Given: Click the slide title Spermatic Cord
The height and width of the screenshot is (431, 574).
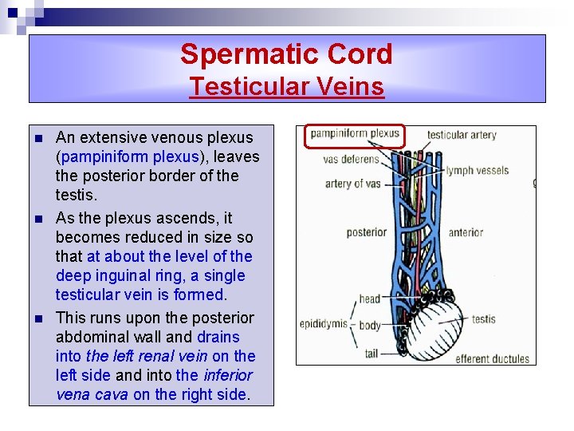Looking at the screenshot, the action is click(286, 54).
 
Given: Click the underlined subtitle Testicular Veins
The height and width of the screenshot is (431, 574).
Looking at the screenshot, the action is click(286, 86).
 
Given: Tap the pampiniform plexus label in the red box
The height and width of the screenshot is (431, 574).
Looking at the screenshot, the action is click(355, 134).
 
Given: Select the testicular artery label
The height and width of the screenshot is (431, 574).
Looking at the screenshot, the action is click(462, 135).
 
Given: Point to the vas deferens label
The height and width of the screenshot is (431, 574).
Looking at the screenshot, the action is click(352, 160).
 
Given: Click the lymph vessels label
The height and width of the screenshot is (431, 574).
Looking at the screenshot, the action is click(477, 170).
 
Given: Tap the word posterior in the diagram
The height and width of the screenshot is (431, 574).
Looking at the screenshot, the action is click(367, 233).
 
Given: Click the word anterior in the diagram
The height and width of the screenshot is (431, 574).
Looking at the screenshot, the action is click(466, 233).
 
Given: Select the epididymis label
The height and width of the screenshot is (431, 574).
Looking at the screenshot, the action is click(324, 323).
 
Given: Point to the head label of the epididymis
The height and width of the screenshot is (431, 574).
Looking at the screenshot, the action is click(369, 299).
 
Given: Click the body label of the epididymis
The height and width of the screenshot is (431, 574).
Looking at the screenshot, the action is click(369, 325).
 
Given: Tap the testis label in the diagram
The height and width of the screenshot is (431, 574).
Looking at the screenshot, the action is click(483, 319).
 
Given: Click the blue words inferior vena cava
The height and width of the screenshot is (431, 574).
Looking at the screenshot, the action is click(155, 385).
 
